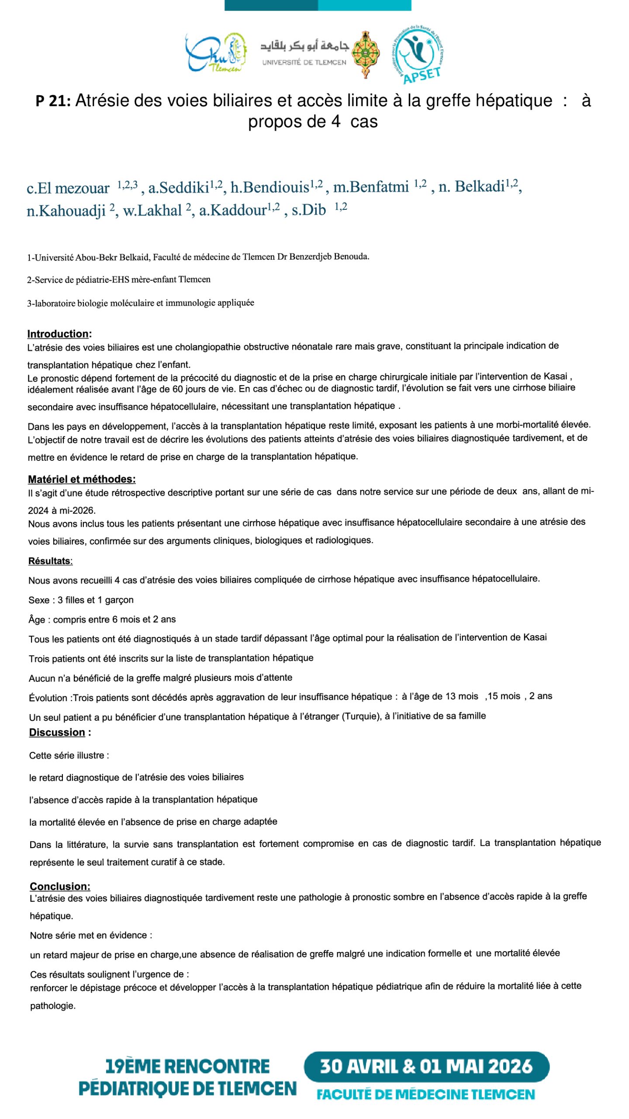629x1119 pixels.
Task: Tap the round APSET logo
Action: [418, 53]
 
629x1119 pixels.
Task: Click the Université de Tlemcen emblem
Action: [366, 54]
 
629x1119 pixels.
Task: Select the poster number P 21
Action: [53, 101]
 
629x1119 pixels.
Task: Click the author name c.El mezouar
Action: [68, 188]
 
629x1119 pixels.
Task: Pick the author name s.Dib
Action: [308, 210]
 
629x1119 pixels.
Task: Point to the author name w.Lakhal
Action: [152, 211]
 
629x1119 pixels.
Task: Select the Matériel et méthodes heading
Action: [82, 479]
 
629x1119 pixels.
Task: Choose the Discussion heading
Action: [57, 732]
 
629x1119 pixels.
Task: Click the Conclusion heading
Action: [60, 886]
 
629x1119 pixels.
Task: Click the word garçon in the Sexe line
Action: [119, 600]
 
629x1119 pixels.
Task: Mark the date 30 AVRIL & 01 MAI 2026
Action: [426, 1067]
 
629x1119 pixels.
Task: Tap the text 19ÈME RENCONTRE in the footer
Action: [187, 1067]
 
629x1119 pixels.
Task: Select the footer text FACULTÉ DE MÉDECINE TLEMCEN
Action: [425, 1094]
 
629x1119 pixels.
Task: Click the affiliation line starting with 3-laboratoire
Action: [140, 303]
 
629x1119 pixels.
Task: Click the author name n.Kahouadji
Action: [66, 211]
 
